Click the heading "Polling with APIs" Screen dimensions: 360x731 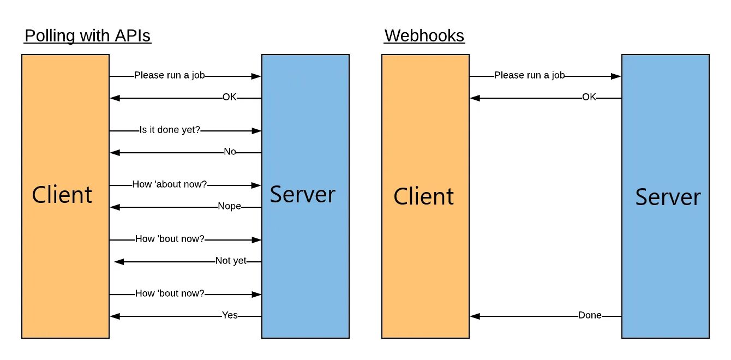coord(87,36)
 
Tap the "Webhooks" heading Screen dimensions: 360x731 coord(424,36)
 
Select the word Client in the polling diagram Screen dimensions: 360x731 coord(62,195)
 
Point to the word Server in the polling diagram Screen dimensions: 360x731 coord(302,195)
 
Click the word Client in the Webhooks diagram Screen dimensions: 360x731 coord(423,196)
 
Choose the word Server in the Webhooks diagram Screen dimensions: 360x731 coord(668,197)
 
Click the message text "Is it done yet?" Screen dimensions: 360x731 coord(170,130)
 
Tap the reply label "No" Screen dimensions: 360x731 coord(230,152)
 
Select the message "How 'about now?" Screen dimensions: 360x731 coord(169,184)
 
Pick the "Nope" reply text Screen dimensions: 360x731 coord(229,206)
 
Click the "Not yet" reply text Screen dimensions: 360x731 coord(231,261)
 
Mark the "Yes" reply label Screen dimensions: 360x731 coord(230,315)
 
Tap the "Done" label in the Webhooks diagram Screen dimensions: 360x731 coord(590,315)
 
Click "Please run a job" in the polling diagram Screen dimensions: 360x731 coord(169,75)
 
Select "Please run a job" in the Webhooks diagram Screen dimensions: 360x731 coord(529,75)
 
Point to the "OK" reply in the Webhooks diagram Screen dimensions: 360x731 coord(589,97)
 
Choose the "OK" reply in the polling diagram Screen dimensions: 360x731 coord(230,97)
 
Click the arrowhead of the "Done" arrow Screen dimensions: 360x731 coord(475,316)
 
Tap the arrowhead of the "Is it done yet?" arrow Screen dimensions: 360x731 coord(256,131)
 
